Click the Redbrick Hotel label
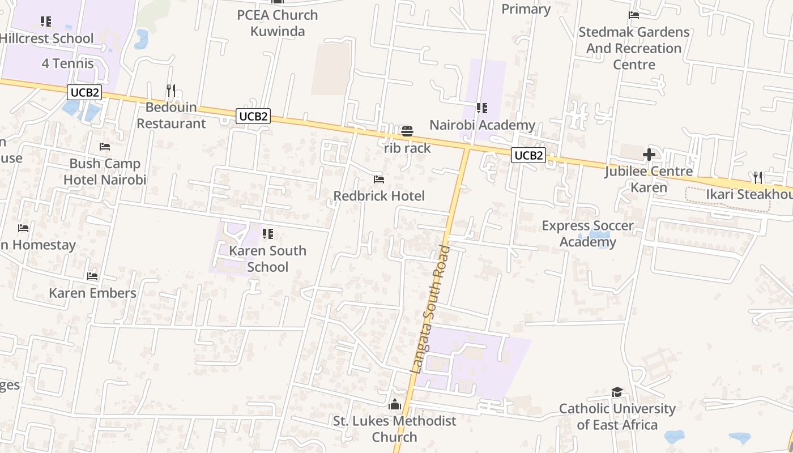tap(379, 196)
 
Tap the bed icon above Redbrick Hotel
tap(379, 180)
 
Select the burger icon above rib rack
tap(407, 131)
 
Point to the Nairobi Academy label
tap(482, 125)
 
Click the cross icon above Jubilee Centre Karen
tap(649, 154)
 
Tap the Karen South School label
tap(268, 259)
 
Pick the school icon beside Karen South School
tap(268, 234)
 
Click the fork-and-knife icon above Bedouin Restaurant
tap(171, 90)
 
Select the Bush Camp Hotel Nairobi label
tap(105, 172)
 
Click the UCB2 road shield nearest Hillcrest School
tap(84, 92)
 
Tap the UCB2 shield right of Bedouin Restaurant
tap(253, 116)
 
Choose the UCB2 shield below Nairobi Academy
tap(528, 155)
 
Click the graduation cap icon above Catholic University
tap(617, 392)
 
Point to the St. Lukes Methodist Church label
tap(394, 429)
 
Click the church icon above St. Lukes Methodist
tap(395, 404)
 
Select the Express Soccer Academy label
tap(588, 234)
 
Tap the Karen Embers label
tap(92, 293)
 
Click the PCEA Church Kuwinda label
tap(278, 23)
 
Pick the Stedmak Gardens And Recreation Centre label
tap(634, 48)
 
